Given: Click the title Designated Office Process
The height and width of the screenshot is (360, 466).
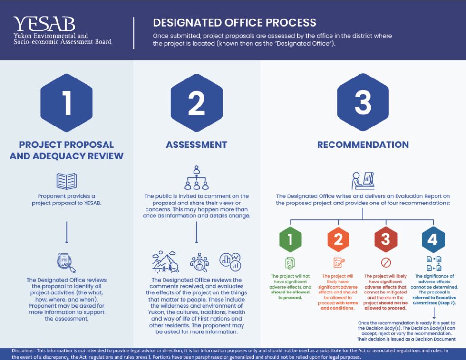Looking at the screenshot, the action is click(234, 22).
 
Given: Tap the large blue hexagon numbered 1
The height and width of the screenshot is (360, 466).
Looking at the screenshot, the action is click(67, 103).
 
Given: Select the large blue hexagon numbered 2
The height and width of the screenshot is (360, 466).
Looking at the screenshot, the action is click(196, 103).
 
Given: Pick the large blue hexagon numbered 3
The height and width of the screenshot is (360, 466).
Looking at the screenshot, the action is click(363, 103).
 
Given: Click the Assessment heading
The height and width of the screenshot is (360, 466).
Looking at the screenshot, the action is click(196, 145).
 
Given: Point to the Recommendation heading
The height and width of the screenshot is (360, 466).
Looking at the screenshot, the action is click(363, 145).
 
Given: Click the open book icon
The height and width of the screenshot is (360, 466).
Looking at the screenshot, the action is click(67, 181).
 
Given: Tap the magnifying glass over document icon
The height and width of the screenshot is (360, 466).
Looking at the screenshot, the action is click(66, 263).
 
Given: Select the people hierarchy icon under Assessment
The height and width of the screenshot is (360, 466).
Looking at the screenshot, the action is click(196, 177).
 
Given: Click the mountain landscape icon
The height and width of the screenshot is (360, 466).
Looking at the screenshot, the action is click(165, 262).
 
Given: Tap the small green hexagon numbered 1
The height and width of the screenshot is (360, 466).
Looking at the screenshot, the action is click(291, 239).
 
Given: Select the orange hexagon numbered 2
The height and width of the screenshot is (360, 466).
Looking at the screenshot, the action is click(338, 239).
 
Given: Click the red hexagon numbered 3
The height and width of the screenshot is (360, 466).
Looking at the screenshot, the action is click(386, 239).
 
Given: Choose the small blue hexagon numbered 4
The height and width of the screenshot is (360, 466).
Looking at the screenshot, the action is click(433, 239).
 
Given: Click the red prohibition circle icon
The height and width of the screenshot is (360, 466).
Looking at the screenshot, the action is click(386, 263).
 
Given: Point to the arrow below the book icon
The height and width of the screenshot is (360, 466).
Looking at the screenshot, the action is click(67, 232).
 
